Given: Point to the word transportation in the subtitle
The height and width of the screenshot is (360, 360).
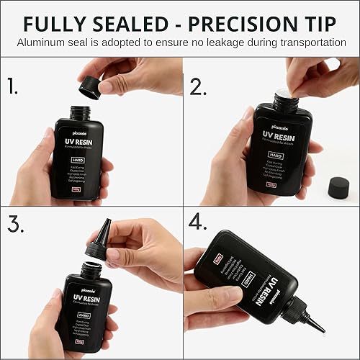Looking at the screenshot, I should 310,43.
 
